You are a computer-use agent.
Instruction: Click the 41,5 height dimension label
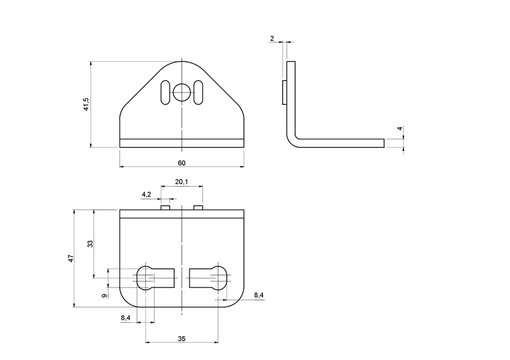[86, 104]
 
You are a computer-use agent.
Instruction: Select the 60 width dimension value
[181, 163]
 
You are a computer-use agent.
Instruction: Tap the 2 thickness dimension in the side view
[272, 38]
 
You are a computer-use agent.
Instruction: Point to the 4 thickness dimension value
[400, 128]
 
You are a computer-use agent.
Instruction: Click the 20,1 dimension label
[181, 182]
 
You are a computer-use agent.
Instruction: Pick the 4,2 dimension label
[146, 194]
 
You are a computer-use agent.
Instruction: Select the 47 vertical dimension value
[70, 258]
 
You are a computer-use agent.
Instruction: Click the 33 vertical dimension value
[90, 244]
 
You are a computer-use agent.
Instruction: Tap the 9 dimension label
[104, 296]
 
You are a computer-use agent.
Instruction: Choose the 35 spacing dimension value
[181, 338]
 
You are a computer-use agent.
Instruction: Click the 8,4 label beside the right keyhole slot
[259, 295]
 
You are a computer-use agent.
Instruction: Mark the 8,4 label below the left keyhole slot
[125, 318]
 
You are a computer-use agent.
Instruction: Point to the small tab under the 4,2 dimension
[166, 208]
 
